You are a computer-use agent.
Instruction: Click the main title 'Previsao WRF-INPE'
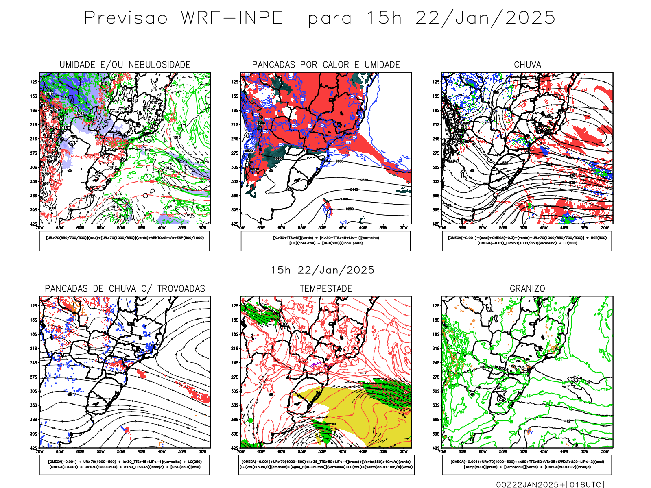pos(183,18)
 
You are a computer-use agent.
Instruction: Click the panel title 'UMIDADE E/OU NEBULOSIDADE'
pos(125,65)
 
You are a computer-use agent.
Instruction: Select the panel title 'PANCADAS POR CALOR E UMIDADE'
pos(326,65)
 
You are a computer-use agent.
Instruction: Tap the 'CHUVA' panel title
pos(527,65)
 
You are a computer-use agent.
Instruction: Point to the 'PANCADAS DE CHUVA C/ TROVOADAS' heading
pos(125,289)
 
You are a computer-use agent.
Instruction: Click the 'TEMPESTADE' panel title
pos(326,289)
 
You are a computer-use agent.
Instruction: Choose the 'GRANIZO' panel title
pos(527,289)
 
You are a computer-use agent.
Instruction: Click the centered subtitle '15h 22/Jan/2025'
pos(323,270)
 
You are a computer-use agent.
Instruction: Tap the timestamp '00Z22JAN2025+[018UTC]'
pos(550,484)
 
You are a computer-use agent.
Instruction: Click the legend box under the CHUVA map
pos(527,241)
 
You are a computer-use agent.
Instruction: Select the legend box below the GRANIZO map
pos(527,464)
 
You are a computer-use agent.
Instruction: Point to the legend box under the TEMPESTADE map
pos(326,464)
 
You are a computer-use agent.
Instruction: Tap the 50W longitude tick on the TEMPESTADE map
pos(322,451)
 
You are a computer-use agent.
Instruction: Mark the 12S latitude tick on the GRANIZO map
pos(436,306)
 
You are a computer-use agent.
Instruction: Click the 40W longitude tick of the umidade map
pos(162,228)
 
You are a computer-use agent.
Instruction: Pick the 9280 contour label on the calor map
pos(350,209)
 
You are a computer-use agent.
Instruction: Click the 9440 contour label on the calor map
pos(354,190)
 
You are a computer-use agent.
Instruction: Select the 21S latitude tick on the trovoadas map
pos(34,349)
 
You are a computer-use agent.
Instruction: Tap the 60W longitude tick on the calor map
pos(282,228)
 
